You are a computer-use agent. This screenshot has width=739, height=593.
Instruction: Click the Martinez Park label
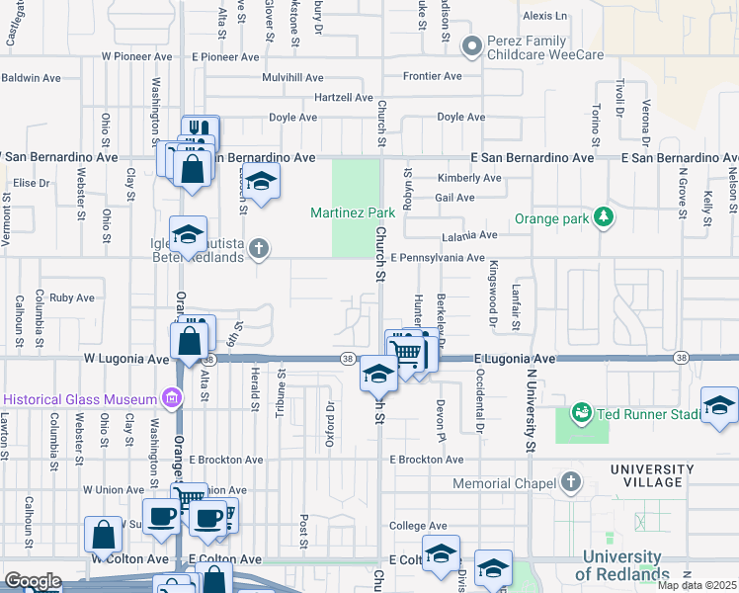coord(353,212)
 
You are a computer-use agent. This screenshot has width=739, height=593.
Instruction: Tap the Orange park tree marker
coord(602,217)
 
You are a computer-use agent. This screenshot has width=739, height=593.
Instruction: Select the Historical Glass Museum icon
coord(172,399)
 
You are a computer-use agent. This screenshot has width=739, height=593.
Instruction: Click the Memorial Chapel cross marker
coord(570,482)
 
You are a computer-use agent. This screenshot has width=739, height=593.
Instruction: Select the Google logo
coord(32,581)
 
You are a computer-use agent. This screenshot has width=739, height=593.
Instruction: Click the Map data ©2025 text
coord(697,585)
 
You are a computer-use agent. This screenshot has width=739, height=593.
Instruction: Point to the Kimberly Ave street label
coord(469,178)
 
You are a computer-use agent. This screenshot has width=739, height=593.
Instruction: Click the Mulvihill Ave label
coord(292,77)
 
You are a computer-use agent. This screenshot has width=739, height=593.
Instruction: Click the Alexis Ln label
coord(546,16)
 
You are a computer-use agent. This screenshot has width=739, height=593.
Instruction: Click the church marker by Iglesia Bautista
coord(259,248)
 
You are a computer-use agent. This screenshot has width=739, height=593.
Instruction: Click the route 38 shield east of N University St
coord(682,357)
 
